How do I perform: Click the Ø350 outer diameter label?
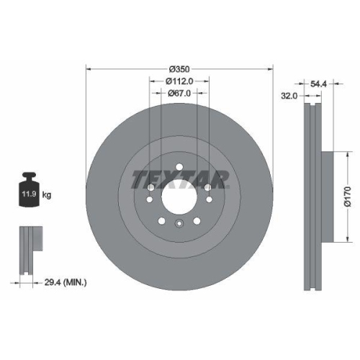click(x=179, y=69)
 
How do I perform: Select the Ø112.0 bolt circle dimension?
click(x=179, y=81)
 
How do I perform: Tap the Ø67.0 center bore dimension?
click(x=179, y=94)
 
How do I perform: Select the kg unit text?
click(x=47, y=194)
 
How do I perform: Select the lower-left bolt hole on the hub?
click(x=161, y=220)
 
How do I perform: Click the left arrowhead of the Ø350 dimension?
click(x=89, y=69)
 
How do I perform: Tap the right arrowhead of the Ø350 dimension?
click(x=271, y=69)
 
